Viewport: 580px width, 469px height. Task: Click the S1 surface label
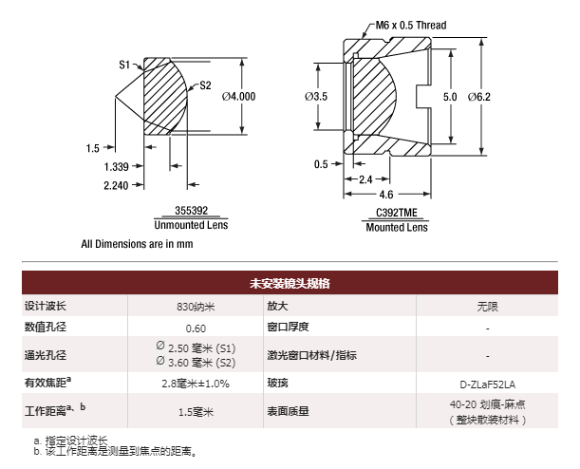[124, 65]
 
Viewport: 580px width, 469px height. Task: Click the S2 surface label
[205, 85]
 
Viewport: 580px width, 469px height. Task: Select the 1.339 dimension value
[117, 166]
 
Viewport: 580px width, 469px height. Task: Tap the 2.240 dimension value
[117, 185]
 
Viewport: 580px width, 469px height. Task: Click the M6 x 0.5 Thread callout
[412, 25]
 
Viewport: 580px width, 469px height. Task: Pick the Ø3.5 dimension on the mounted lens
[316, 97]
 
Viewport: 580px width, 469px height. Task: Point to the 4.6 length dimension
[384, 194]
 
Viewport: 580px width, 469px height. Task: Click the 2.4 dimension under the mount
[365, 178]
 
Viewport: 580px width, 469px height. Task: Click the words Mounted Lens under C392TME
[396, 228]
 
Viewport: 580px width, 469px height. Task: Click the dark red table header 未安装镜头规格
[290, 283]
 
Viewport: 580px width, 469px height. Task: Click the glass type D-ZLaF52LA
[486, 384]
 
